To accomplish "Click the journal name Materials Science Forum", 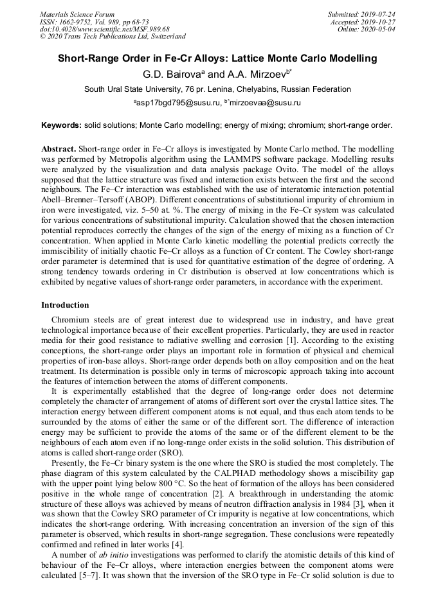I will [77, 14].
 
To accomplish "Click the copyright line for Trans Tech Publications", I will [113, 37].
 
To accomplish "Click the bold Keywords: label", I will [62, 125].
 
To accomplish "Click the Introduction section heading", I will [65, 304].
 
